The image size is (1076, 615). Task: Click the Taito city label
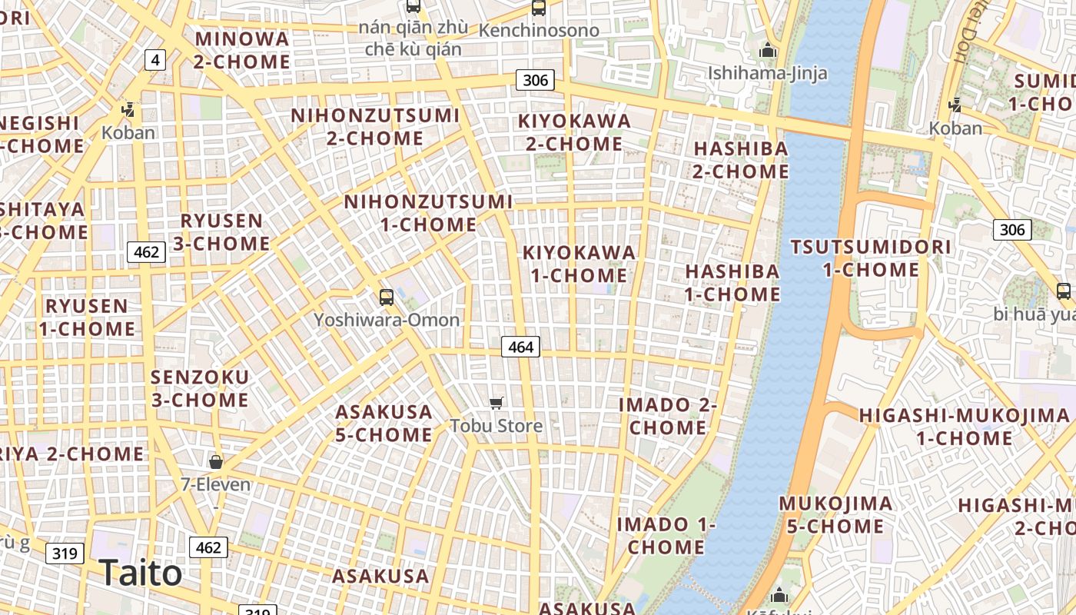[x=141, y=573]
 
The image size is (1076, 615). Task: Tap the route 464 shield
[x=520, y=347]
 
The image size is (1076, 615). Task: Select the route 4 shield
[x=155, y=59]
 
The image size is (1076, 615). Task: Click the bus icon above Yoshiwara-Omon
[x=387, y=297]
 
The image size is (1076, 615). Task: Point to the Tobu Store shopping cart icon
[x=496, y=403]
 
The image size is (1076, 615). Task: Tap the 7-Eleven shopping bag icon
[x=216, y=461]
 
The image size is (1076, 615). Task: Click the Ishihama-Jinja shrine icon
[x=768, y=52]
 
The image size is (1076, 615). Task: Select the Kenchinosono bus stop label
[x=539, y=31]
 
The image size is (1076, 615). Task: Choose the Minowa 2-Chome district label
[x=241, y=50]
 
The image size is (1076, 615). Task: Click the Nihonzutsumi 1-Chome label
[x=428, y=213]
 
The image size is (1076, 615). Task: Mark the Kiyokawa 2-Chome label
[x=574, y=132]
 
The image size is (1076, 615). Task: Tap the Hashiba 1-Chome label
[x=732, y=282]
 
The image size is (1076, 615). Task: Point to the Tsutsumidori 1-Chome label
[x=871, y=258]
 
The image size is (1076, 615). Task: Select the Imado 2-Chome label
[x=668, y=416]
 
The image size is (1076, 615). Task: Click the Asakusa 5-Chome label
[x=384, y=423]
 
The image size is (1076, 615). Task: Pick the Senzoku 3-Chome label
[x=200, y=388]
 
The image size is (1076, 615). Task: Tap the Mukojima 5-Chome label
[x=835, y=515]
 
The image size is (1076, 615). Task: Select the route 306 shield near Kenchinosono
[x=535, y=80]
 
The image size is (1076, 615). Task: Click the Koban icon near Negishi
[x=128, y=110]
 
